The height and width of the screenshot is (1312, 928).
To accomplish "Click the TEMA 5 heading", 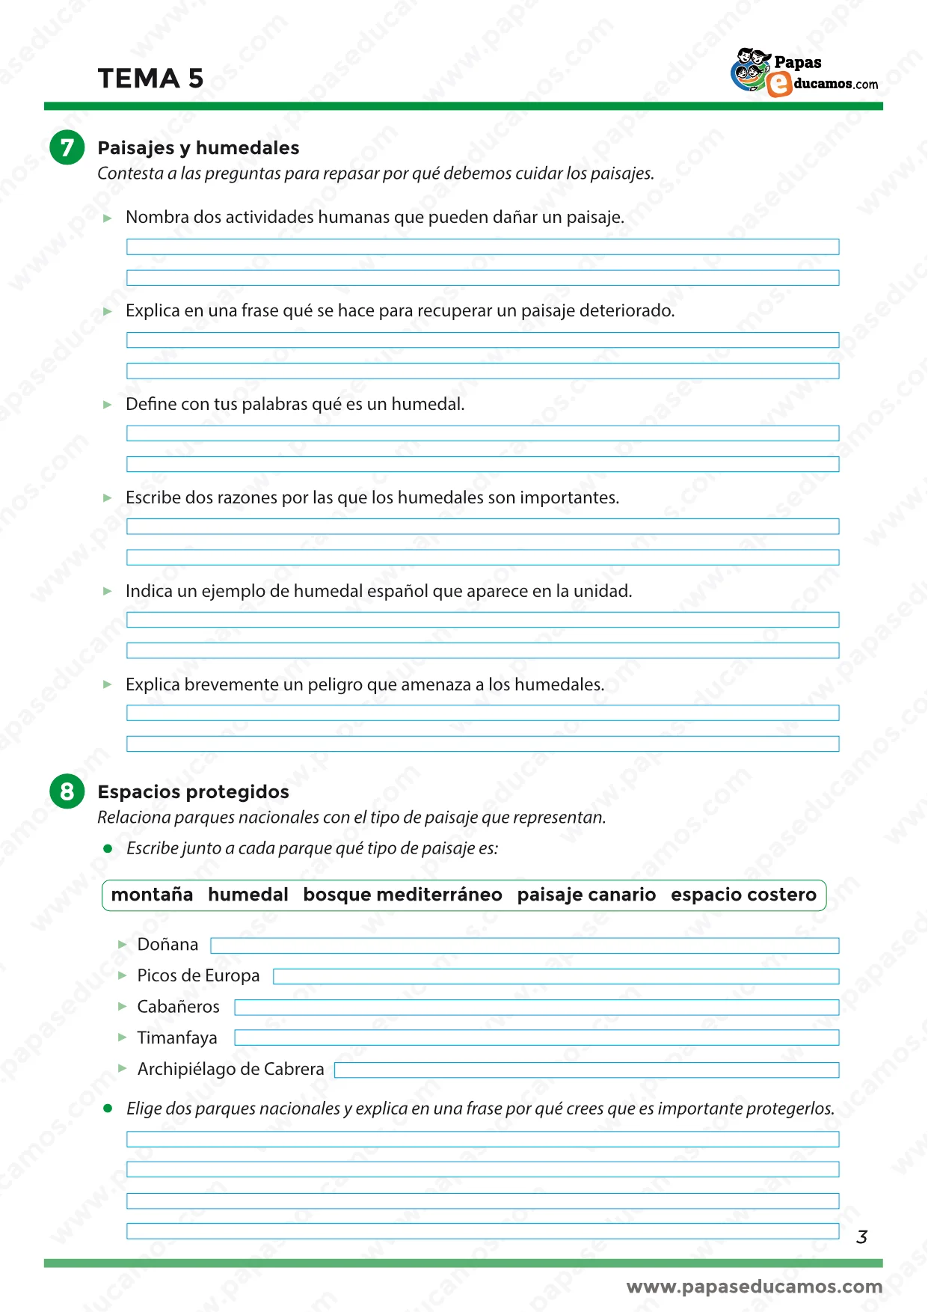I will point(150,79).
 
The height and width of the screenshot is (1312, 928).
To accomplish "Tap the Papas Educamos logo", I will point(804,73).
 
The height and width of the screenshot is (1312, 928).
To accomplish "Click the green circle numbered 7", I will point(67,147).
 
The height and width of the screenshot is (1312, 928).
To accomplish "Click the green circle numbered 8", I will point(67,791).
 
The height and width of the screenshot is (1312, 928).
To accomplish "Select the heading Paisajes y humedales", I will point(198,147).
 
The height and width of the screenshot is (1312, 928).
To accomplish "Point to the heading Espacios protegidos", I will point(193,791).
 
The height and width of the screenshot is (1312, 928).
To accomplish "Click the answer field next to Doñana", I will point(524,945).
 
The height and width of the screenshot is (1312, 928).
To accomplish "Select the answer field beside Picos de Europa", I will point(556,976).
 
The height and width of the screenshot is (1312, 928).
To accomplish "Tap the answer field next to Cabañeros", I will point(536,1008).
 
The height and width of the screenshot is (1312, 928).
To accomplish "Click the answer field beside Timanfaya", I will point(536,1038).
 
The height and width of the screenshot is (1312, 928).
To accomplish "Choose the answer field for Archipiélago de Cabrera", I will point(586,1070).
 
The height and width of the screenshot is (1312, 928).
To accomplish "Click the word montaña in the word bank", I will point(152,895).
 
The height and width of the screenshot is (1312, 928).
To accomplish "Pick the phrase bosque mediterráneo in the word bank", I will point(402,895).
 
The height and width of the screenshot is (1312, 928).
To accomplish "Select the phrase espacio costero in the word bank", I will point(743,895).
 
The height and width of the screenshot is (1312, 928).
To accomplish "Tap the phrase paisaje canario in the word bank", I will point(586,895).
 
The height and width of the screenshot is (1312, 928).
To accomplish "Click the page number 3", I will point(861,1237).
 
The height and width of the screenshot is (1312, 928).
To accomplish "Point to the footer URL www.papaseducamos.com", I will point(754,1287).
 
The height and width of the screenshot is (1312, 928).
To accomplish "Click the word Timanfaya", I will point(177,1038).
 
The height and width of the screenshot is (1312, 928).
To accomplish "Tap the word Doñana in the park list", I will point(168,945).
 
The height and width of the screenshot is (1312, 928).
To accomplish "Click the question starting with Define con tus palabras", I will point(295,404).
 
